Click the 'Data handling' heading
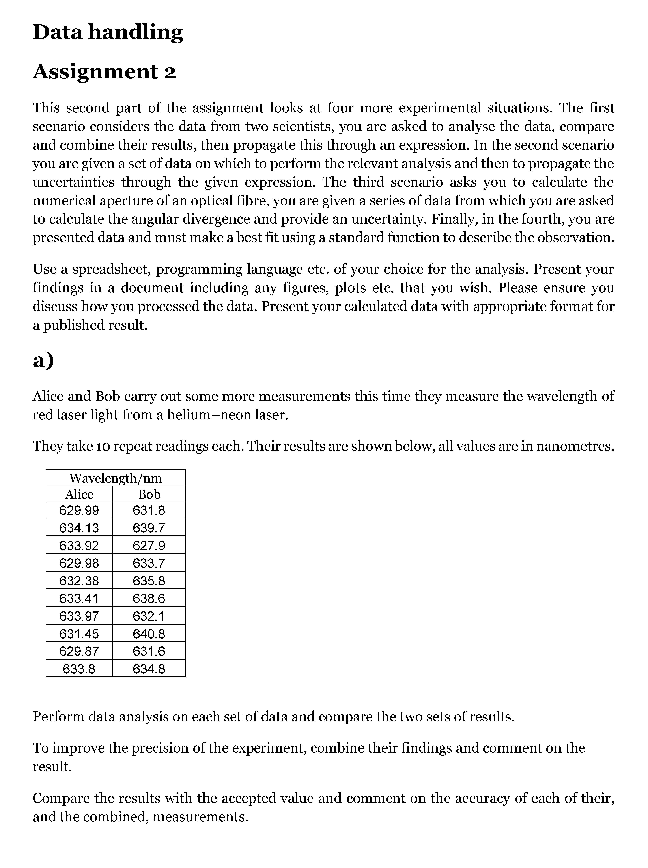(108, 32)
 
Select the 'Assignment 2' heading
(104, 72)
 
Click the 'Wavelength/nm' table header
(116, 478)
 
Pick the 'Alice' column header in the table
(79, 494)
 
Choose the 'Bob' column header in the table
(149, 494)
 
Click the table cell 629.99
(79, 510)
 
